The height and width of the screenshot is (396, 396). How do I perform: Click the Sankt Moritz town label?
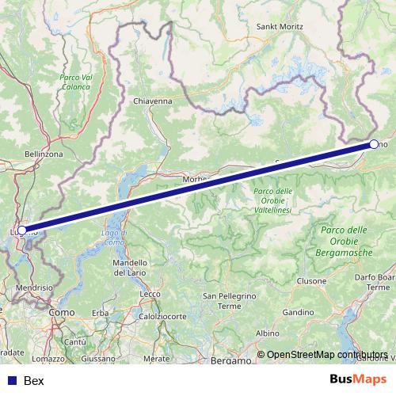pyautogui.click(x=279, y=26)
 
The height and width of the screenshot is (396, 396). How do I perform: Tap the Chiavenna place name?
pyautogui.click(x=153, y=101)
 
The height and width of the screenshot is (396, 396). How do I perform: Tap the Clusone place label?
pyautogui.click(x=311, y=281)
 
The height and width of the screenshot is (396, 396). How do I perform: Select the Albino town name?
pyautogui.click(x=268, y=333)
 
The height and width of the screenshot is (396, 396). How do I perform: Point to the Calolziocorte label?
pyautogui.click(x=159, y=315)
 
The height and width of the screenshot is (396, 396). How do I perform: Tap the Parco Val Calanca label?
pyautogui.click(x=76, y=82)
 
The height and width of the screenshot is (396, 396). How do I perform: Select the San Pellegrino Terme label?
pyautogui.click(x=229, y=301)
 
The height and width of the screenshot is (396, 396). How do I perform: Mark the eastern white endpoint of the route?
pyautogui.click(x=374, y=145)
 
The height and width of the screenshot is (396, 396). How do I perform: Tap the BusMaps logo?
pyautogui.click(x=355, y=380)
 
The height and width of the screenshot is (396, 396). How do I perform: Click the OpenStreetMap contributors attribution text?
pyautogui.click(x=327, y=354)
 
